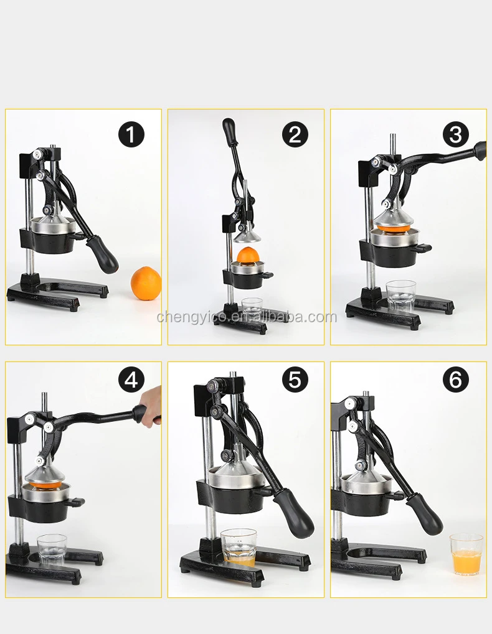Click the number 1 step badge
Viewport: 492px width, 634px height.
click(131, 134)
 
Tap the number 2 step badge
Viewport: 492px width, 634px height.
click(295, 134)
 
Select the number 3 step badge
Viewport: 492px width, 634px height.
click(456, 134)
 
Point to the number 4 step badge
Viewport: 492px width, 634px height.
click(131, 380)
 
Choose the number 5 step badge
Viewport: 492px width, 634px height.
click(295, 380)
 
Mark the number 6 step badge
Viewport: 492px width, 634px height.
click(456, 380)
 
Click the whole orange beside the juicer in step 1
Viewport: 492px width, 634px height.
click(146, 283)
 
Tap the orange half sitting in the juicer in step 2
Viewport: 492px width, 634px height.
click(248, 254)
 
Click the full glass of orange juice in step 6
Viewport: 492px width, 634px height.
click(466, 554)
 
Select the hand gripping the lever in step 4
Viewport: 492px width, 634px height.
click(149, 406)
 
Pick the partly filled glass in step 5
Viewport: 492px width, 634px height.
click(239, 547)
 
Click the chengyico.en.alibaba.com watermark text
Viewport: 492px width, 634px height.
click(247, 317)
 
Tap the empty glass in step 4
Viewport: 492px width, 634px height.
click(52, 549)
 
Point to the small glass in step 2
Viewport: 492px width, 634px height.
click(252, 305)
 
